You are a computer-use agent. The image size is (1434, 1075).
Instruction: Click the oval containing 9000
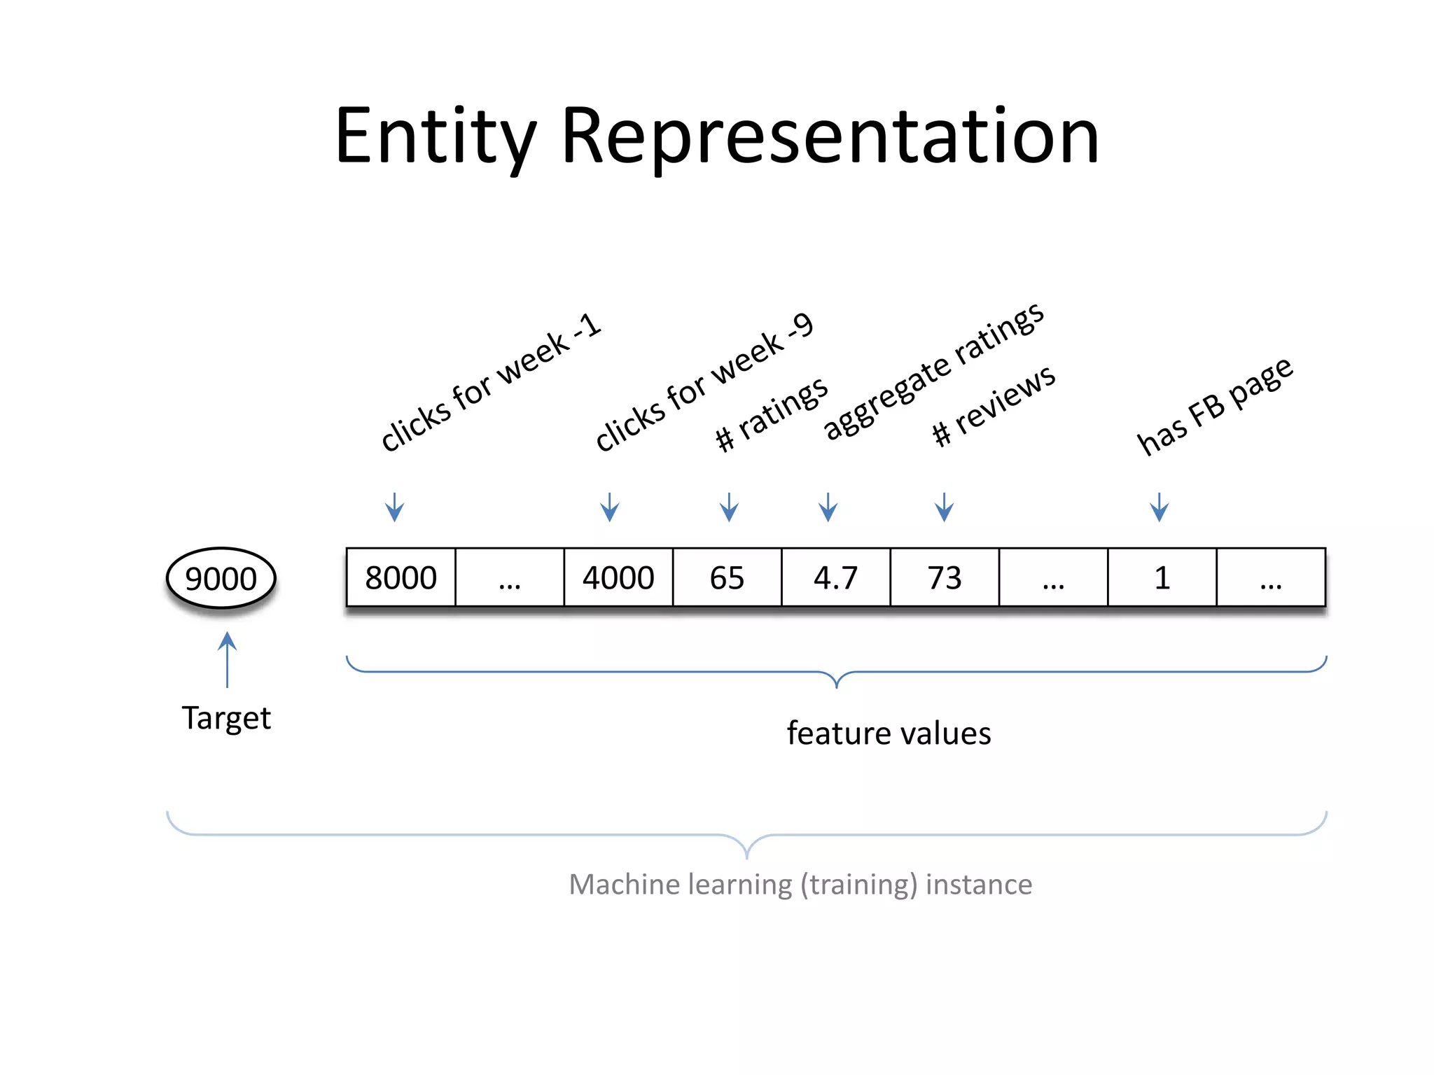(x=221, y=578)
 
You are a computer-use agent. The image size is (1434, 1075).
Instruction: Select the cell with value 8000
(x=401, y=577)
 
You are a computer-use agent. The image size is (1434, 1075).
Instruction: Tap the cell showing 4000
(x=618, y=577)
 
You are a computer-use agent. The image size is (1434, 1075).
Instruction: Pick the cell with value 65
(x=727, y=577)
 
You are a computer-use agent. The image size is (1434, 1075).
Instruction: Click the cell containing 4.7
(x=835, y=577)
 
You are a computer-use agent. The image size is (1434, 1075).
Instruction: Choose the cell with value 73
(x=945, y=577)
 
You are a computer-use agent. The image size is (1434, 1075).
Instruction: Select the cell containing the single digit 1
(x=1162, y=577)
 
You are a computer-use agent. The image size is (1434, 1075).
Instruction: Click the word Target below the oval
(x=226, y=718)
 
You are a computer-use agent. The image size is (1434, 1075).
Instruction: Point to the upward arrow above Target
(x=227, y=659)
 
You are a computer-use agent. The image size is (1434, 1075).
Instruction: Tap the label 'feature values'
(x=889, y=733)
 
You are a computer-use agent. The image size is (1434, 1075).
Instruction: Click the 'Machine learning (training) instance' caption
(x=800, y=885)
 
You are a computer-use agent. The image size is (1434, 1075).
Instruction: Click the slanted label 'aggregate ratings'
(x=933, y=372)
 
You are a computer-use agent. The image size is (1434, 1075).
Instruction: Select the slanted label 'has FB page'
(x=1214, y=406)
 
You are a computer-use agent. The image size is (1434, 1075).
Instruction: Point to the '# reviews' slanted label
(x=993, y=406)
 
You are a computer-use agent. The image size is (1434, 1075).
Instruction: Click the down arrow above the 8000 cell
(x=395, y=507)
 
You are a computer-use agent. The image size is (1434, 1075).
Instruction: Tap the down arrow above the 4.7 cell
(x=828, y=507)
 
